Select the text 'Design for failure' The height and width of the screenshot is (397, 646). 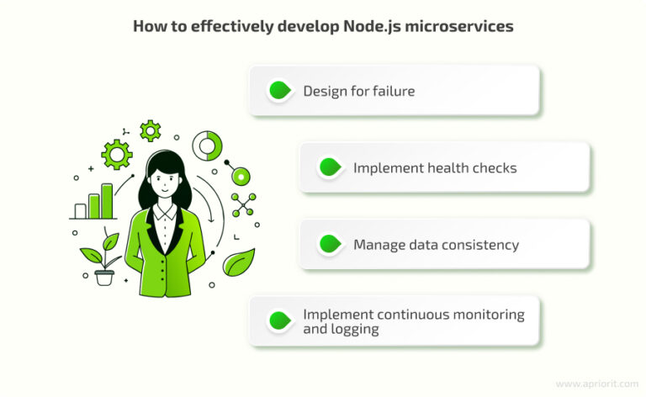coord(358,91)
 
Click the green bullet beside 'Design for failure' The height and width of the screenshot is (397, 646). coord(278,91)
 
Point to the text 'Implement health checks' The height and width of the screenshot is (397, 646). coord(434,167)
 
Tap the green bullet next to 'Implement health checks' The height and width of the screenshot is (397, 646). coord(329,167)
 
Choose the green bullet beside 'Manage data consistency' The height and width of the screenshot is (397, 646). coord(329,245)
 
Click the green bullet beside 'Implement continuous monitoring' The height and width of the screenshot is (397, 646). coord(278,320)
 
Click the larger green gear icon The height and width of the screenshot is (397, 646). coord(116,154)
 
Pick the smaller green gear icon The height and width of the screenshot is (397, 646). coord(150,130)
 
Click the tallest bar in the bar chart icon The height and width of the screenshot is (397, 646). coord(107,201)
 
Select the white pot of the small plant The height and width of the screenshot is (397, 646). coord(104,277)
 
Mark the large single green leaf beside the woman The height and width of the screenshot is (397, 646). coord(239,263)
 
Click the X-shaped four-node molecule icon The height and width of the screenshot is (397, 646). coord(243,204)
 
